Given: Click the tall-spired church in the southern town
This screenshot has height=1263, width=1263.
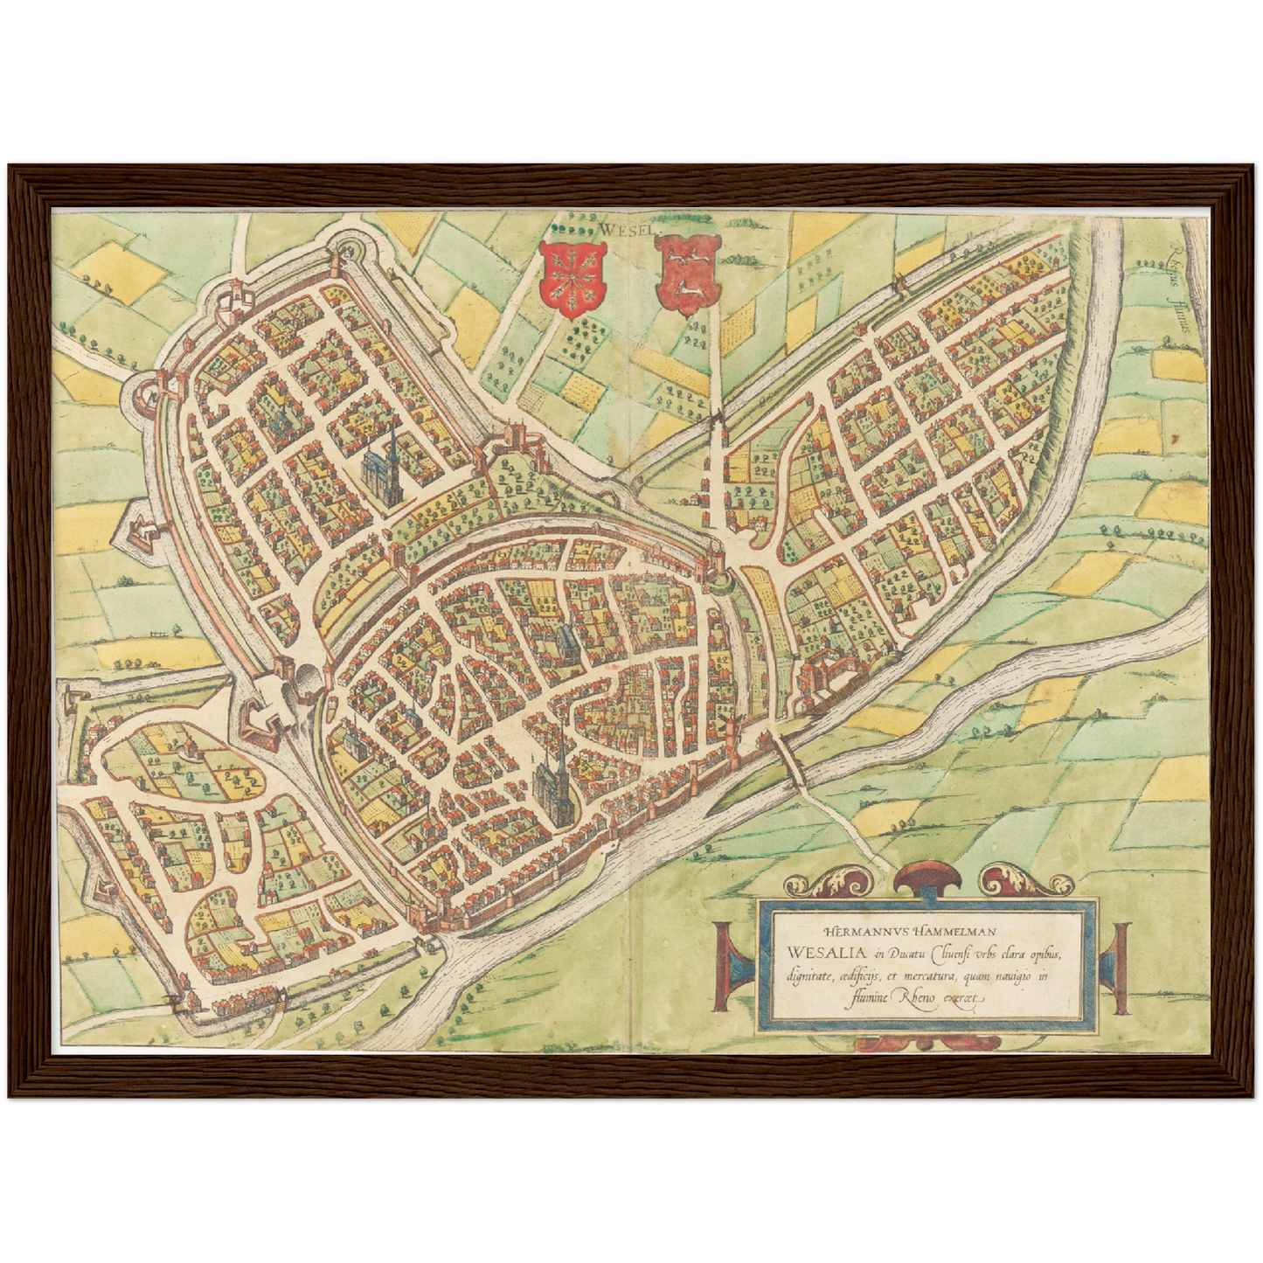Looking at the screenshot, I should pos(553,775).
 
